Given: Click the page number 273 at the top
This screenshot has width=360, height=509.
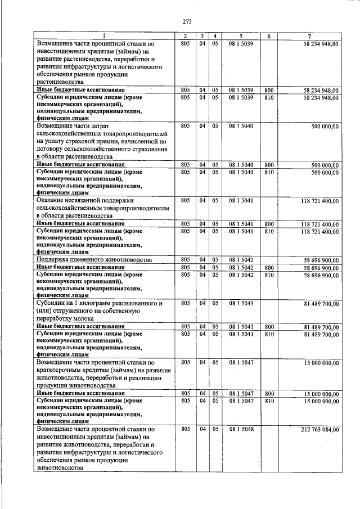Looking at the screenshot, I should (x=187, y=22).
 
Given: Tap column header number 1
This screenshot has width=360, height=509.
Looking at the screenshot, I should (x=104, y=37).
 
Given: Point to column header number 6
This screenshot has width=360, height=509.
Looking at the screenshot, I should (x=269, y=37).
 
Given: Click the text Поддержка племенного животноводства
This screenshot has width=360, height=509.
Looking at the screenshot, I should (x=94, y=260).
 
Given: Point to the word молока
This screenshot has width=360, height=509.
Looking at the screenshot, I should (x=85, y=318).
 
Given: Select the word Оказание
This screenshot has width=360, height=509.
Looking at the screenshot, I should (x=52, y=200).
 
